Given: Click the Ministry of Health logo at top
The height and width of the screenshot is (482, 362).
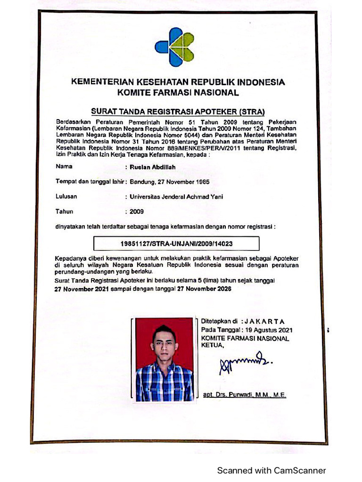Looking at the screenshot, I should pyautogui.click(x=174, y=47).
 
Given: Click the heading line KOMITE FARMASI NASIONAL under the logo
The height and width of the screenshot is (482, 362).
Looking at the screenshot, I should pyautogui.click(x=178, y=93).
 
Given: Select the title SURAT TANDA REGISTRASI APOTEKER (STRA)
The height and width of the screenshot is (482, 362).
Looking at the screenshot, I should pyautogui.click(x=178, y=112).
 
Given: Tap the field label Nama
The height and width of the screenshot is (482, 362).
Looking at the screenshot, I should pyautogui.click(x=64, y=166).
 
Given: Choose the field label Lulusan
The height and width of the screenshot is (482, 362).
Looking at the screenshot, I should pyautogui.click(x=66, y=196).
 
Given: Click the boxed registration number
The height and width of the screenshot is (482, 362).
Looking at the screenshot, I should pyautogui.click(x=177, y=243).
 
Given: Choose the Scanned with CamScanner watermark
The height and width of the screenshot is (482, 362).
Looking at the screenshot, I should pyautogui.click(x=271, y=470).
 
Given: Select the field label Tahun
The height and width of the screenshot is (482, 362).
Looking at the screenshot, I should pyautogui.click(x=65, y=212).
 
